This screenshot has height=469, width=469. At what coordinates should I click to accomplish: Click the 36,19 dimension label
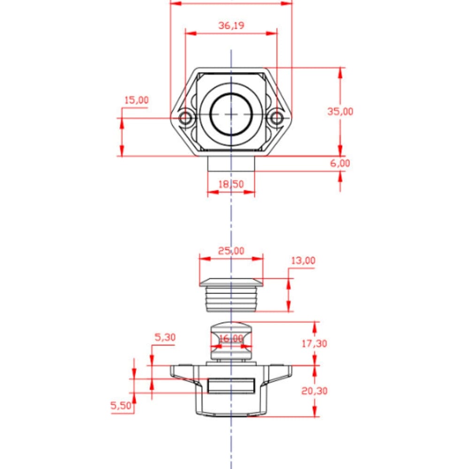tap(231, 25)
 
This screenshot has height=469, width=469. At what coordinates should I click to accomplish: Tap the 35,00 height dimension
tap(340, 112)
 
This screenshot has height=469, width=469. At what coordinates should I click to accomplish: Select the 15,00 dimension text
tap(136, 100)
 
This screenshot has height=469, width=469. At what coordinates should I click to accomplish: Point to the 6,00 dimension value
tap(340, 163)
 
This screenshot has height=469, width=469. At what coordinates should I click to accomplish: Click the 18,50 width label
tap(231, 184)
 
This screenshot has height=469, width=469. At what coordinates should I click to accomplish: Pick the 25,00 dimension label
tap(231, 250)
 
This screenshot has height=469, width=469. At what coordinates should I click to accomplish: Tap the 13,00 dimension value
tap(303, 260)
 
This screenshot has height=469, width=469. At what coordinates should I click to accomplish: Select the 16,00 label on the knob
tap(231, 339)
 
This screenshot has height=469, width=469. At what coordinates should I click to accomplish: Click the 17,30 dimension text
tap(314, 344)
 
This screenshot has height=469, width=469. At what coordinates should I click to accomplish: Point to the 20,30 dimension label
tap(314, 391)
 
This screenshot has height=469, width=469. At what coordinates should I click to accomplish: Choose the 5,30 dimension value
tap(165, 337)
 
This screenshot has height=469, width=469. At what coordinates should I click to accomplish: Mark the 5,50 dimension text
tap(121, 406)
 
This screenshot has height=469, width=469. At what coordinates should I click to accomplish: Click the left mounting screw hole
tap(185, 118)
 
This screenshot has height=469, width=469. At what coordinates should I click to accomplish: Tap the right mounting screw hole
tap(277, 118)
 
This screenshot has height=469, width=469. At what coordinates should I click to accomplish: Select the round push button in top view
tap(231, 114)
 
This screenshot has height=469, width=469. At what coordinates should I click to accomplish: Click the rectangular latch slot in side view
tap(231, 386)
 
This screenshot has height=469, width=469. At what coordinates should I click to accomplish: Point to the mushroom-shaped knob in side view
tap(231, 341)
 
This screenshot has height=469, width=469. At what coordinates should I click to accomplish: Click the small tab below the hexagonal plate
tap(231, 164)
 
